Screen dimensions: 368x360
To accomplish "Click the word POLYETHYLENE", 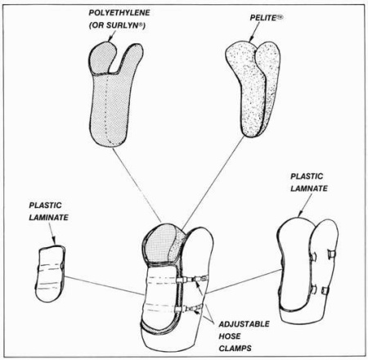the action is tap(119, 13).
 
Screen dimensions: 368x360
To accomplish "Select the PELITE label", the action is tap(267, 18).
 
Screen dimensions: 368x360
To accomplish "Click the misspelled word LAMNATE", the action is tap(309, 188).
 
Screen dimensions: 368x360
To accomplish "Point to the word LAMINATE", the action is tap(48, 218).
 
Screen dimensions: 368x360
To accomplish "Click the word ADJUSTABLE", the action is tap(244, 324).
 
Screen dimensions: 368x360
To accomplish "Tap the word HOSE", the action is tap(230, 336).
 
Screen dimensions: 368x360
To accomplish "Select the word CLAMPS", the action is tap(235, 349).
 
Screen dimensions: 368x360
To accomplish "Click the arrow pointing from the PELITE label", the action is tap(254, 32).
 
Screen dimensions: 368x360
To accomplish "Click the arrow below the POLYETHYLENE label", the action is tap(112, 36).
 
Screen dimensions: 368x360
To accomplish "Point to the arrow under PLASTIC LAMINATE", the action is tap(52, 234).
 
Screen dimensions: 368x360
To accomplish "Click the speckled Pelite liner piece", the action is tap(254, 88).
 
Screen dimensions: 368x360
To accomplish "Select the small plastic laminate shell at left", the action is tap(51, 273).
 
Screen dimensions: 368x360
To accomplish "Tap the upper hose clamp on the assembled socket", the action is tap(191, 279).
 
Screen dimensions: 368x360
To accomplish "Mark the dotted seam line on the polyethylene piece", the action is tap(107, 109).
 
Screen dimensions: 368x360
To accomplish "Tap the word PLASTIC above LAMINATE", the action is tap(45, 205).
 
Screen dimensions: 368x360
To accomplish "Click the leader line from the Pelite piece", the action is tap(213, 182).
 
